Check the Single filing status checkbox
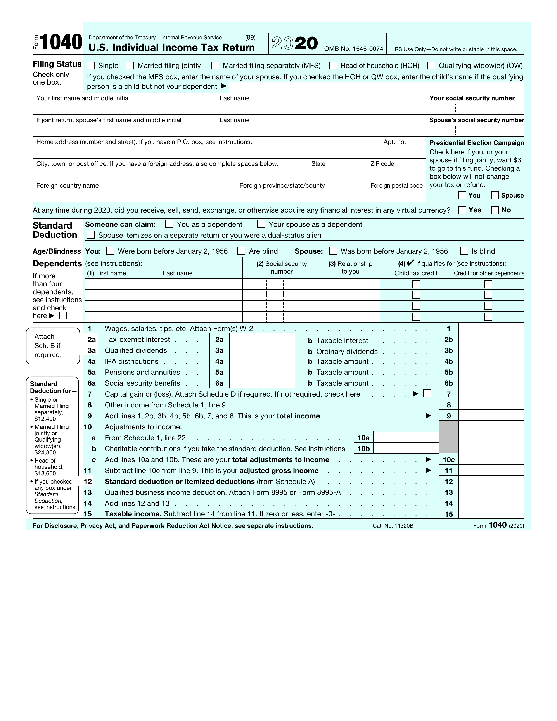[90, 66]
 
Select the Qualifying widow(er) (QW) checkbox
[431, 66]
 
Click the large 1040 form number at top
[61, 43]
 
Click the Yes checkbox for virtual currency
[462, 210]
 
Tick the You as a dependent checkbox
[169, 224]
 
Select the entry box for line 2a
[262, 339]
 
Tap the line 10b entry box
[406, 449]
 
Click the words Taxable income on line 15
[133, 514]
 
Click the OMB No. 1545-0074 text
[353, 49]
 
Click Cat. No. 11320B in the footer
[393, 526]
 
